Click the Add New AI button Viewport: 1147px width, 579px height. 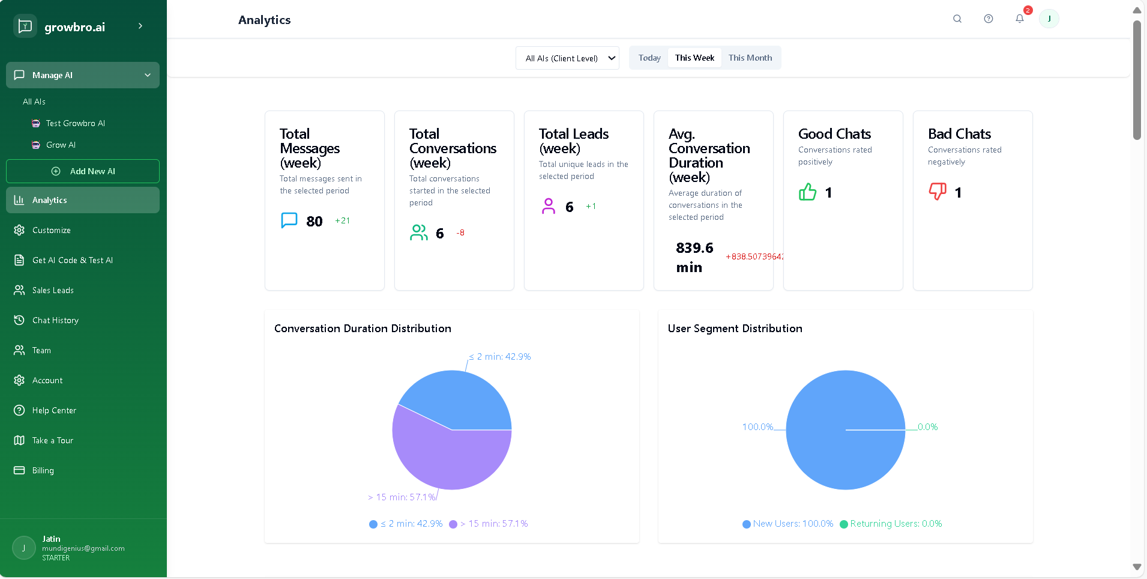pyautogui.click(x=83, y=171)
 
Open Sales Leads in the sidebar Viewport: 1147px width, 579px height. pyautogui.click(x=53, y=290)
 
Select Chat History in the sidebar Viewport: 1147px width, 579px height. pyautogui.click(x=55, y=320)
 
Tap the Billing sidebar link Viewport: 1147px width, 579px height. pyautogui.click(x=43, y=470)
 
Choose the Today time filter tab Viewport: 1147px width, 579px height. pyautogui.click(x=649, y=58)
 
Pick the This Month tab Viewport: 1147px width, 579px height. pyautogui.click(x=750, y=58)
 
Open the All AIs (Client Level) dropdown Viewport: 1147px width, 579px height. pyautogui.click(x=567, y=58)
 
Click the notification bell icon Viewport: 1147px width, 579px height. pyautogui.click(x=1020, y=19)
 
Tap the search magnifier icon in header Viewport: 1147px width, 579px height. pyautogui.click(x=957, y=19)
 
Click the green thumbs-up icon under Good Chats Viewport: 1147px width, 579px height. pyautogui.click(x=808, y=192)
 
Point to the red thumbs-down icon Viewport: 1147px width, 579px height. pyautogui.click(x=938, y=192)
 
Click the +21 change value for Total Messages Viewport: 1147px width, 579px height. pyautogui.click(x=342, y=220)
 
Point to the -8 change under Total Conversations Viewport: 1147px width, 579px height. pyautogui.click(x=460, y=232)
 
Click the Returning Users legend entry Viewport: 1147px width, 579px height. pyautogui.click(x=891, y=524)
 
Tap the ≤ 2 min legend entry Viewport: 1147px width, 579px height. pyautogui.click(x=406, y=524)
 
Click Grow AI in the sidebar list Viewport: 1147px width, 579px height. pyautogui.click(x=61, y=145)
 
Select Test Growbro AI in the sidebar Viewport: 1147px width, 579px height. pyautogui.click(x=75, y=123)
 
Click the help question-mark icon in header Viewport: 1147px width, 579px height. pyautogui.click(x=989, y=19)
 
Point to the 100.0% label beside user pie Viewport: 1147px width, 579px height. pyautogui.click(x=757, y=427)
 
